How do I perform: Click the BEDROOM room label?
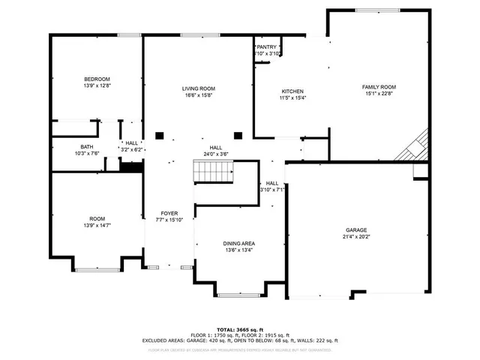pos(97,79)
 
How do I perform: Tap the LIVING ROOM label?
pos(198,88)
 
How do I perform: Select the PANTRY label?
pos(267,46)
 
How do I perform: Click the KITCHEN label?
pos(292,91)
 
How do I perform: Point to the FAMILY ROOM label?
pos(379,87)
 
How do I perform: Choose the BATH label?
pos(87,147)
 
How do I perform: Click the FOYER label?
pos(169,213)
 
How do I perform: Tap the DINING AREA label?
pos(238,244)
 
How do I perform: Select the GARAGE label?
pos(355,230)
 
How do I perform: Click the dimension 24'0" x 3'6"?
pos(216,154)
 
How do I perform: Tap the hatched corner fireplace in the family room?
pos(414,145)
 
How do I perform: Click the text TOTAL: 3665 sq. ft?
pos(240,329)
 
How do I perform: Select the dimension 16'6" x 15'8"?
pos(198,95)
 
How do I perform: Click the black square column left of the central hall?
pos(159,136)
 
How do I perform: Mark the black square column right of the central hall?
pos(238,136)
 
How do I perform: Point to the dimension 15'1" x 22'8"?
pos(379,94)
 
